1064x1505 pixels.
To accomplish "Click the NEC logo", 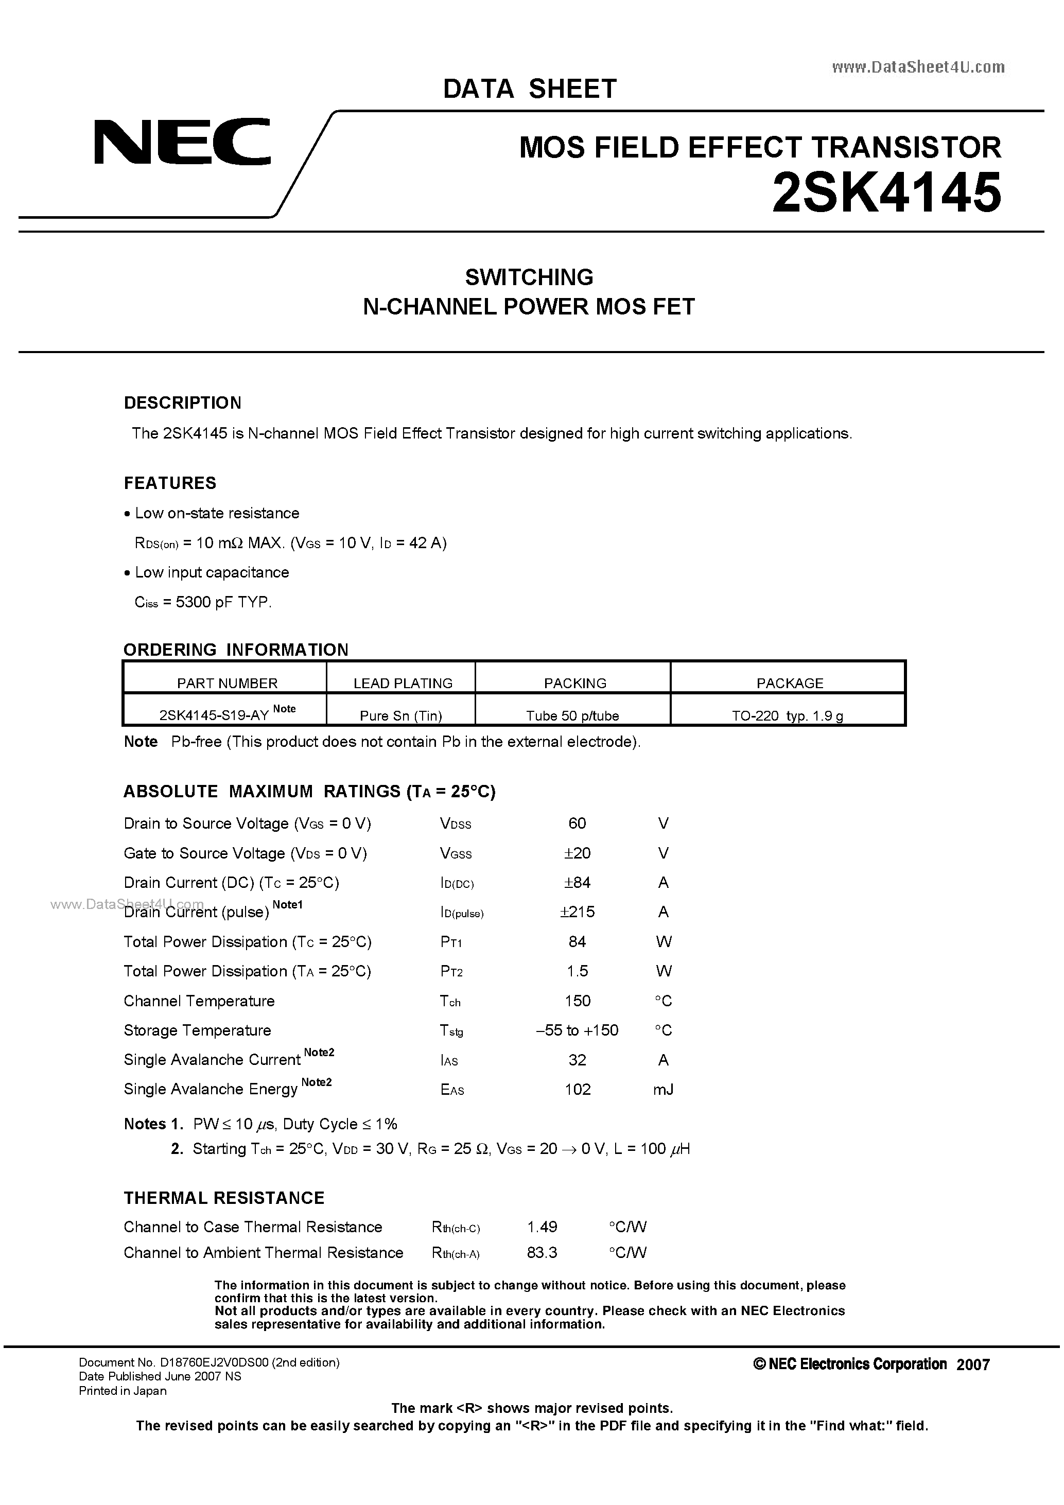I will [182, 141].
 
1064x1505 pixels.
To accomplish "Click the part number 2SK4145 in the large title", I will [886, 194].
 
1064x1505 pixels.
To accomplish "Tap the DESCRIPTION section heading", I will [182, 402].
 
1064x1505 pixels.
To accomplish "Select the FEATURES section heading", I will [170, 483].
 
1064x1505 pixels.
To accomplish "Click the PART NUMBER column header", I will [227, 683].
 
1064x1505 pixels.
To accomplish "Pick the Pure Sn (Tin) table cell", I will [400, 716].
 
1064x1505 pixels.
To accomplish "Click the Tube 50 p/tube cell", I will [572, 716].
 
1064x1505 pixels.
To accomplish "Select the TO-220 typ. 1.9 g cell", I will [788, 716].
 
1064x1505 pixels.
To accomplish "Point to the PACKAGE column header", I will [789, 683].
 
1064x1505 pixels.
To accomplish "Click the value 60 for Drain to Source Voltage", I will [577, 824].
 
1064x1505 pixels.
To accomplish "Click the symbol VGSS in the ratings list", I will [456, 853].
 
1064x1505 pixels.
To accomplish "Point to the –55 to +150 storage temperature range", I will [577, 1030].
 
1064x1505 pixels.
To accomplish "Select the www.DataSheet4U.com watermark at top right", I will [918, 67].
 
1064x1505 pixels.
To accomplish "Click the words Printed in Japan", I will [123, 1391].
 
